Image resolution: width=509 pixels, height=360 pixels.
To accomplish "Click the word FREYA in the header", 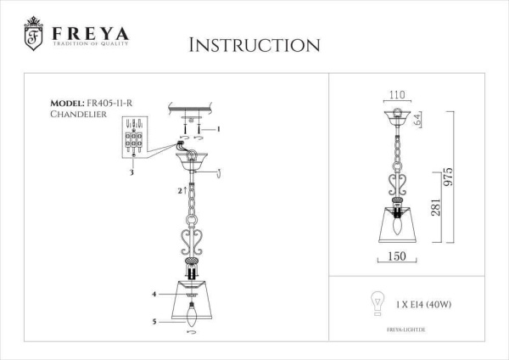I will click(91, 35).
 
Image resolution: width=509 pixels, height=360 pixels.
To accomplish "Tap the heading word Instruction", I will click(254, 44).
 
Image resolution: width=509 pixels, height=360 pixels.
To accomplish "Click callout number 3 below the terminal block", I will click(131, 172).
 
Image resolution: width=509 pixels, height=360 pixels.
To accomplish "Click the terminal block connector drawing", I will click(134, 141).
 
